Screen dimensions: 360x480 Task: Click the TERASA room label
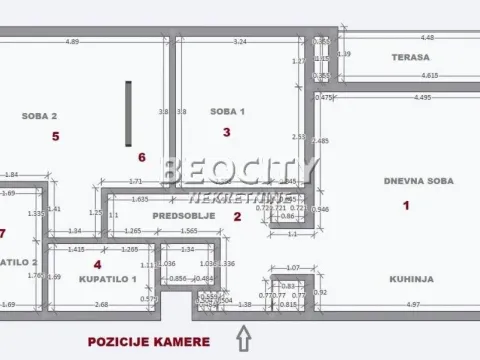(411, 57)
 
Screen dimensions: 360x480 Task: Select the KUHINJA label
(413, 280)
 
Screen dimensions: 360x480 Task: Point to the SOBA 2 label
(39, 115)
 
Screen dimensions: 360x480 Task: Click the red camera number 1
(406, 206)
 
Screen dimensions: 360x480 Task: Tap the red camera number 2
(237, 216)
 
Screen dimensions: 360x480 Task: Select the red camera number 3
(227, 132)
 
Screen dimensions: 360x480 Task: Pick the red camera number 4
(97, 264)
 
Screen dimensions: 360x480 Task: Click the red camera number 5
(56, 136)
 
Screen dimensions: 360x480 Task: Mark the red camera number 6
(141, 157)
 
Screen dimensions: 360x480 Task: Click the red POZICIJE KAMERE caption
(148, 341)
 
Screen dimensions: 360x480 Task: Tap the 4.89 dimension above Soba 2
(72, 42)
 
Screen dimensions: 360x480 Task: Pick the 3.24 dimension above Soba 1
(240, 42)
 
